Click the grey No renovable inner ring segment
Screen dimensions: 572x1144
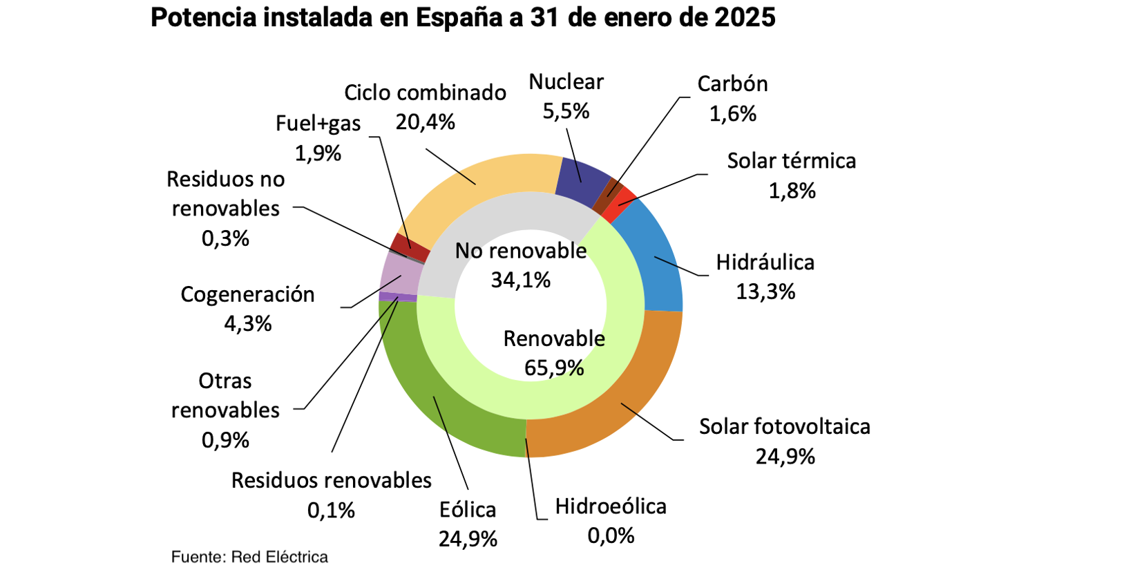click(x=484, y=221)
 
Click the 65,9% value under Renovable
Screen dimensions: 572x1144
click(x=554, y=368)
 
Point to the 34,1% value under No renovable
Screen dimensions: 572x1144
click(x=521, y=280)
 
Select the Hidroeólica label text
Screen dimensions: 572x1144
click(x=611, y=506)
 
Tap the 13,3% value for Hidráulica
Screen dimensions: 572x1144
click(x=765, y=292)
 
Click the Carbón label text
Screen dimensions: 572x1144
click(x=732, y=84)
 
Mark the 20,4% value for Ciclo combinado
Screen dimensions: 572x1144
click(x=425, y=122)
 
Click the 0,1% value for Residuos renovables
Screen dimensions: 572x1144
click(x=331, y=511)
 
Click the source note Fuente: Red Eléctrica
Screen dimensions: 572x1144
click(x=249, y=557)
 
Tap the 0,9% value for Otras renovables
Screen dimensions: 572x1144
click(x=225, y=440)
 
